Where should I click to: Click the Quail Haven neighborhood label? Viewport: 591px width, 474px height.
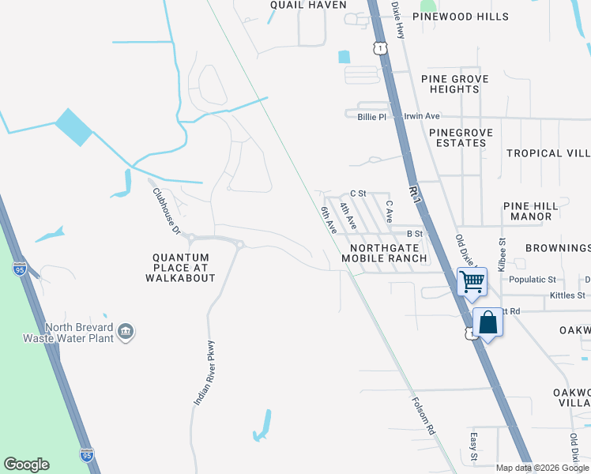click(x=307, y=5)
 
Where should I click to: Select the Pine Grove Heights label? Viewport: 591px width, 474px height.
click(x=454, y=84)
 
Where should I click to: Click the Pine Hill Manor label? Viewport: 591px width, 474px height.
click(x=530, y=211)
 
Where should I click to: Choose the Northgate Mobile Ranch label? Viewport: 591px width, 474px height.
click(x=384, y=253)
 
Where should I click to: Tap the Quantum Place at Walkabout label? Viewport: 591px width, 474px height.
click(x=181, y=268)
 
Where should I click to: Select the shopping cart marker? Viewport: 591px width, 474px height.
click(x=472, y=281)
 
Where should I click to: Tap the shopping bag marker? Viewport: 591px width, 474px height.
click(x=487, y=322)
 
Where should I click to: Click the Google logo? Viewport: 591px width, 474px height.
click(x=26, y=465)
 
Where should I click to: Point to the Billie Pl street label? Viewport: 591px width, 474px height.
click(x=371, y=116)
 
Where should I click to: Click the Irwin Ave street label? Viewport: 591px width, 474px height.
click(x=421, y=116)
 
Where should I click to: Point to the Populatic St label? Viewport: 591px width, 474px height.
click(x=533, y=280)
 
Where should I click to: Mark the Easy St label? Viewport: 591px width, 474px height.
click(x=474, y=447)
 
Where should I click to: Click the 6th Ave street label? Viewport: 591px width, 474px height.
click(x=329, y=220)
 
